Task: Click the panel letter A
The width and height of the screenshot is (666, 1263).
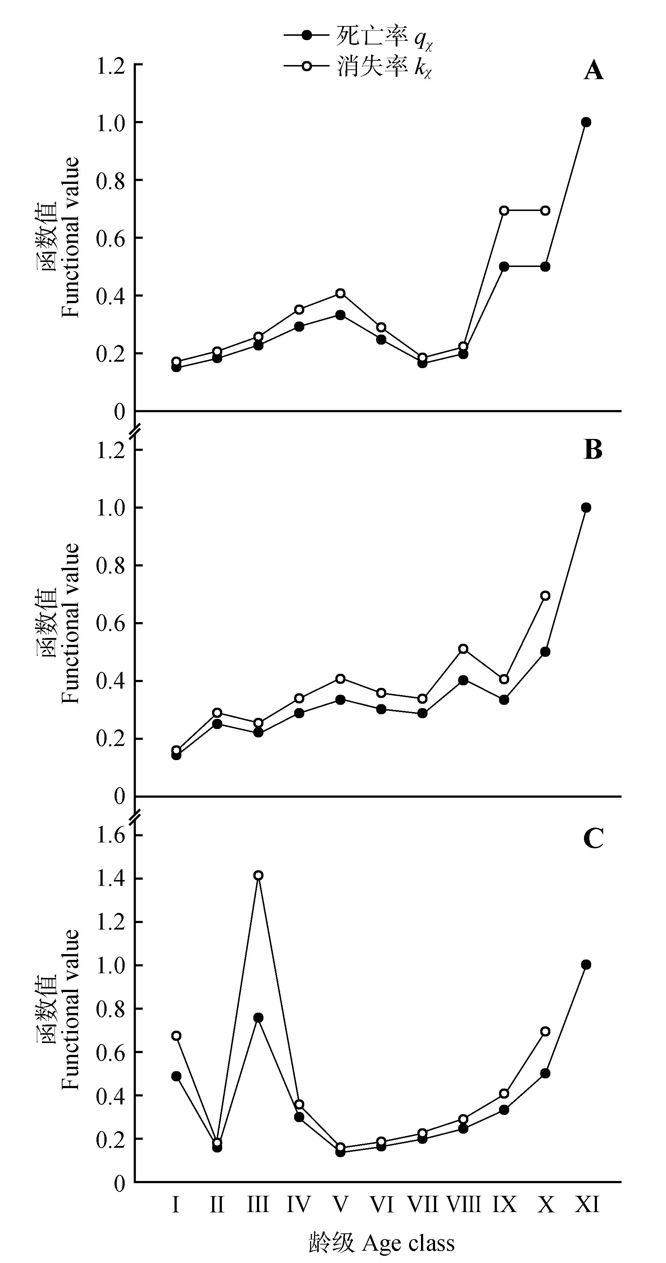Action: pyautogui.click(x=593, y=72)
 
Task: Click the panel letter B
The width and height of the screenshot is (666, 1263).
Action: pyautogui.click(x=593, y=449)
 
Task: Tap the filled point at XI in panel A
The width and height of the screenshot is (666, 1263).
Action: pyautogui.click(x=585, y=122)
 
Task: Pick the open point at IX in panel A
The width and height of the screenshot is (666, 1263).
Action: pyautogui.click(x=504, y=211)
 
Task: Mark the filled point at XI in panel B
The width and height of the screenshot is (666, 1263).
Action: pyautogui.click(x=585, y=508)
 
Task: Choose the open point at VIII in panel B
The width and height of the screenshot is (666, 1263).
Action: pyautogui.click(x=463, y=649)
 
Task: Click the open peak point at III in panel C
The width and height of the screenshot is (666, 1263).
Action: pyautogui.click(x=258, y=875)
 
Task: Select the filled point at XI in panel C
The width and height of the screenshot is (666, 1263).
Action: pyautogui.click(x=585, y=965)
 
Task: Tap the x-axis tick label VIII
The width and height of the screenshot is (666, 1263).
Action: pyautogui.click(x=463, y=1200)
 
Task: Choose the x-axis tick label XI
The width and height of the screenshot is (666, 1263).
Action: pyautogui.click(x=586, y=1200)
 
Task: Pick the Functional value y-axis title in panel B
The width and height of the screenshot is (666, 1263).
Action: pyautogui.click(x=70, y=624)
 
